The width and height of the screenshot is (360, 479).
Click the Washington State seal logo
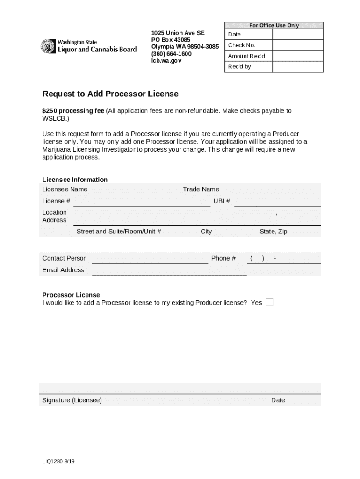click(x=48, y=46)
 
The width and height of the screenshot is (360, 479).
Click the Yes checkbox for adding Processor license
click(x=269, y=303)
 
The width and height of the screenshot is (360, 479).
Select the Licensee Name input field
click(x=136, y=190)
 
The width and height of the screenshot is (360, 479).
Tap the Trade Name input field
click(x=274, y=190)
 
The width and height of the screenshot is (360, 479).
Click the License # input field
click(x=142, y=202)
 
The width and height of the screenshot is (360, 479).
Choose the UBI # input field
click(x=277, y=202)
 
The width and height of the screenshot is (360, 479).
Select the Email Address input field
click(x=169, y=270)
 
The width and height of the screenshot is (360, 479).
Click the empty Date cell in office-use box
click(x=297, y=35)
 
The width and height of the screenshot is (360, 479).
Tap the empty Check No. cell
click(x=297, y=45)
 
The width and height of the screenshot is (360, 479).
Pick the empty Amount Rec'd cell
click(x=297, y=56)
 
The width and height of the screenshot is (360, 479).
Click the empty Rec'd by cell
click(x=297, y=67)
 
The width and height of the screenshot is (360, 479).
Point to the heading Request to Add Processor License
click(x=110, y=94)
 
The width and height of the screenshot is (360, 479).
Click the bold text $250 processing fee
click(x=73, y=111)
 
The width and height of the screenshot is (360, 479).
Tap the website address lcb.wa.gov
click(x=166, y=61)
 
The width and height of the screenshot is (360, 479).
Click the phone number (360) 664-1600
click(x=171, y=54)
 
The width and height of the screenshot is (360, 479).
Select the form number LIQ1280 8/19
click(x=58, y=462)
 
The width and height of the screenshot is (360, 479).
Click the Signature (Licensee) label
click(x=72, y=400)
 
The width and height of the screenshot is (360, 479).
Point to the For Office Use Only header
click(x=274, y=25)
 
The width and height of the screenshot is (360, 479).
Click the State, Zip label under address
click(x=273, y=232)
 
